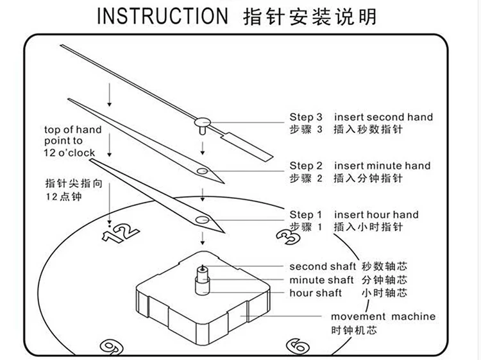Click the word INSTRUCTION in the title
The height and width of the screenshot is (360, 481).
[162, 16]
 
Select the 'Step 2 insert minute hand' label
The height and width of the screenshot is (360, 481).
[360, 166]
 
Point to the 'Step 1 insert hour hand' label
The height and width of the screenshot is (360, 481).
[353, 215]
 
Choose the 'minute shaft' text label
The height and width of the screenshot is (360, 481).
[321, 280]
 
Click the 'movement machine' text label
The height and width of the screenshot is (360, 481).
[383, 316]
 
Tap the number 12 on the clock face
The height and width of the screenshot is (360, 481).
[120, 233]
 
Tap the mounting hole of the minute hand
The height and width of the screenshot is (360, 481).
[203, 171]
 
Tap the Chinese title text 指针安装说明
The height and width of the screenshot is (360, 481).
[311, 16]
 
